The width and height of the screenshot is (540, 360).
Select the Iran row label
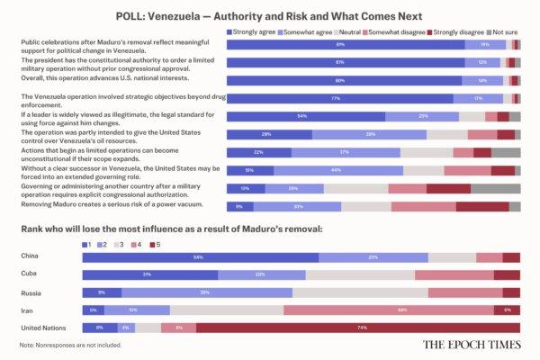point(27,310)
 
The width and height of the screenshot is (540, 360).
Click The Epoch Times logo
point(472,344)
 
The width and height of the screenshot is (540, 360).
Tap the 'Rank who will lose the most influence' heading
point(171,229)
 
